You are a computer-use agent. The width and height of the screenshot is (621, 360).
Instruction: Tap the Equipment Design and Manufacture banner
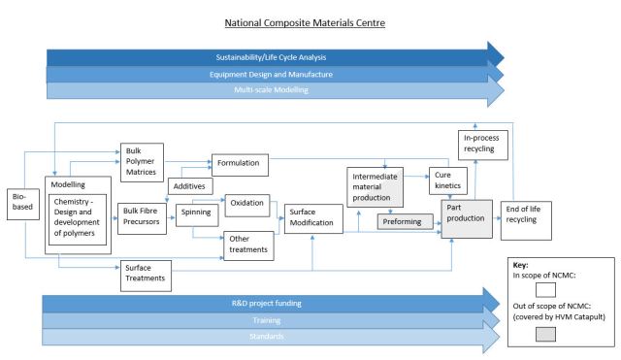coord(275,74)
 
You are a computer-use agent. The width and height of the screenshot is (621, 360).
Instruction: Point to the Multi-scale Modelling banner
coord(275,90)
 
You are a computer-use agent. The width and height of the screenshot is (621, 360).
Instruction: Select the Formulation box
coord(238,163)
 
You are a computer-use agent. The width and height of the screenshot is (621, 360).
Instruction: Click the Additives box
coord(191,185)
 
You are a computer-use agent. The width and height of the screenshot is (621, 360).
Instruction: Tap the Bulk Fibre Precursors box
coord(143,213)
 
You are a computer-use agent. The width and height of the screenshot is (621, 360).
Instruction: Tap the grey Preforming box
coord(401,222)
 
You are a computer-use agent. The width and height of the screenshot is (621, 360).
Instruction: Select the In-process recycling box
coord(479,145)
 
